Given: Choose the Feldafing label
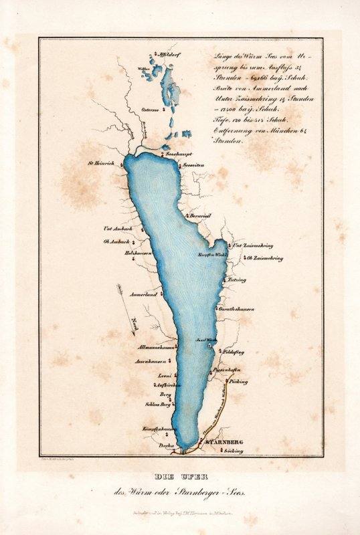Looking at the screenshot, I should click(234, 349).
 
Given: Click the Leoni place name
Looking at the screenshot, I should click(164, 377).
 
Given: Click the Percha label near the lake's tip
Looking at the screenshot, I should click(165, 445).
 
